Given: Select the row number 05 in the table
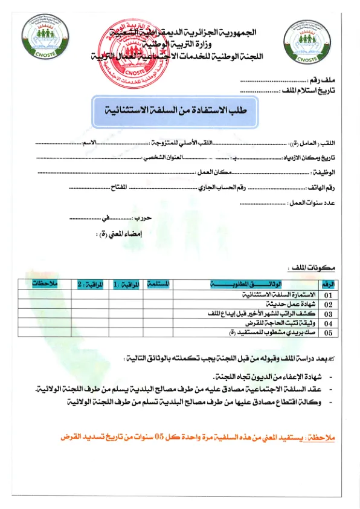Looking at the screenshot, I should tap(329, 332).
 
